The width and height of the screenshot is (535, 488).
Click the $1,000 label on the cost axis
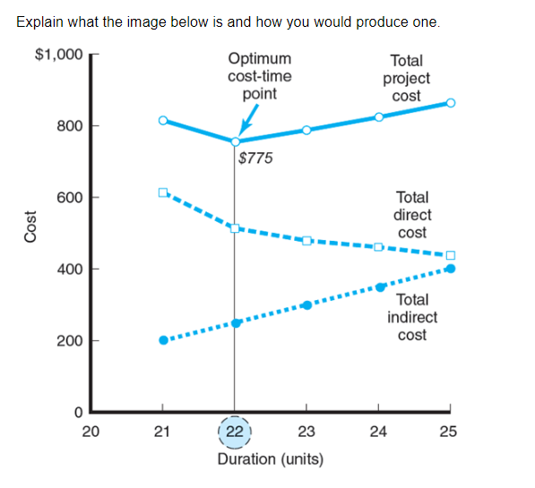click(57, 54)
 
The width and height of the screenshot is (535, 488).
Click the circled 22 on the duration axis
click(235, 432)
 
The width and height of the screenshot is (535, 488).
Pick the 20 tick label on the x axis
click(90, 432)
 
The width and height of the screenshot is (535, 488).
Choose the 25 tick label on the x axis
click(449, 432)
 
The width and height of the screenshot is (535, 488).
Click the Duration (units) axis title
click(270, 459)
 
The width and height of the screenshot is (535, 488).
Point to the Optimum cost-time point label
click(259, 77)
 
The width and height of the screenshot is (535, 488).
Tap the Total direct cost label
click(412, 215)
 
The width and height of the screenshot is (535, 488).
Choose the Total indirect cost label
click(412, 317)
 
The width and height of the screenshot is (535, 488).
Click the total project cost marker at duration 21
click(162, 120)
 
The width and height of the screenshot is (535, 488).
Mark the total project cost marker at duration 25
click(450, 103)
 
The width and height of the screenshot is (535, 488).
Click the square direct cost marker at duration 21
click(162, 193)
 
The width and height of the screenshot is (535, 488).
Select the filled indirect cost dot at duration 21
click(163, 340)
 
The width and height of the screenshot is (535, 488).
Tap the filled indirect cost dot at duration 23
click(306, 304)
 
